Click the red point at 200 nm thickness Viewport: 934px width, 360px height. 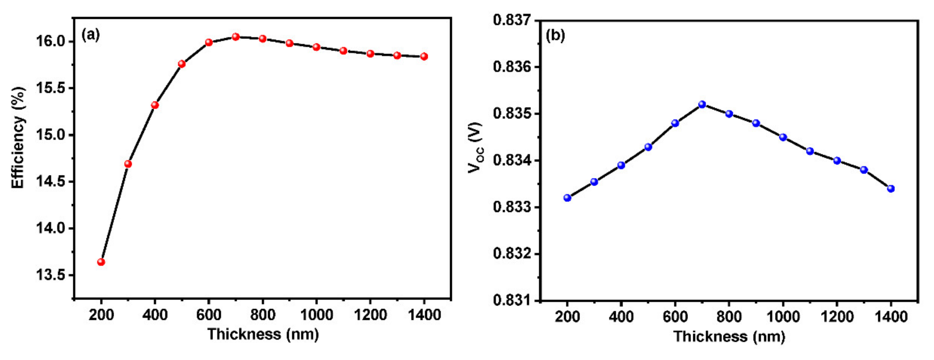[101, 262]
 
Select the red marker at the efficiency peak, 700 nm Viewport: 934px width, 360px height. [236, 37]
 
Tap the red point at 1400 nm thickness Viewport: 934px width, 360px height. [424, 56]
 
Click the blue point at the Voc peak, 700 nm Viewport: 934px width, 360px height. [702, 104]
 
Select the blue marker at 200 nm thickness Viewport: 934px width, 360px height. [568, 197]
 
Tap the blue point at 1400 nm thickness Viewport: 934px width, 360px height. [891, 189]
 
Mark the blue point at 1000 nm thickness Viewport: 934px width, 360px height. [783, 137]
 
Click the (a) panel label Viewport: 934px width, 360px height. [90, 35]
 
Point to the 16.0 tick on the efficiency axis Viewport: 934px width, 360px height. [50, 41]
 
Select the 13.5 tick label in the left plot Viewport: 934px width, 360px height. [50, 275]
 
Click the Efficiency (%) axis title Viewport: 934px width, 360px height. [18, 138]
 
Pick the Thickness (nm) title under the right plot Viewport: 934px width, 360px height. [729, 336]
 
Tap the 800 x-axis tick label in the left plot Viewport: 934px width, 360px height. [263, 315]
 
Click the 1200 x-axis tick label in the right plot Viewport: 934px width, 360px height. [837, 317]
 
